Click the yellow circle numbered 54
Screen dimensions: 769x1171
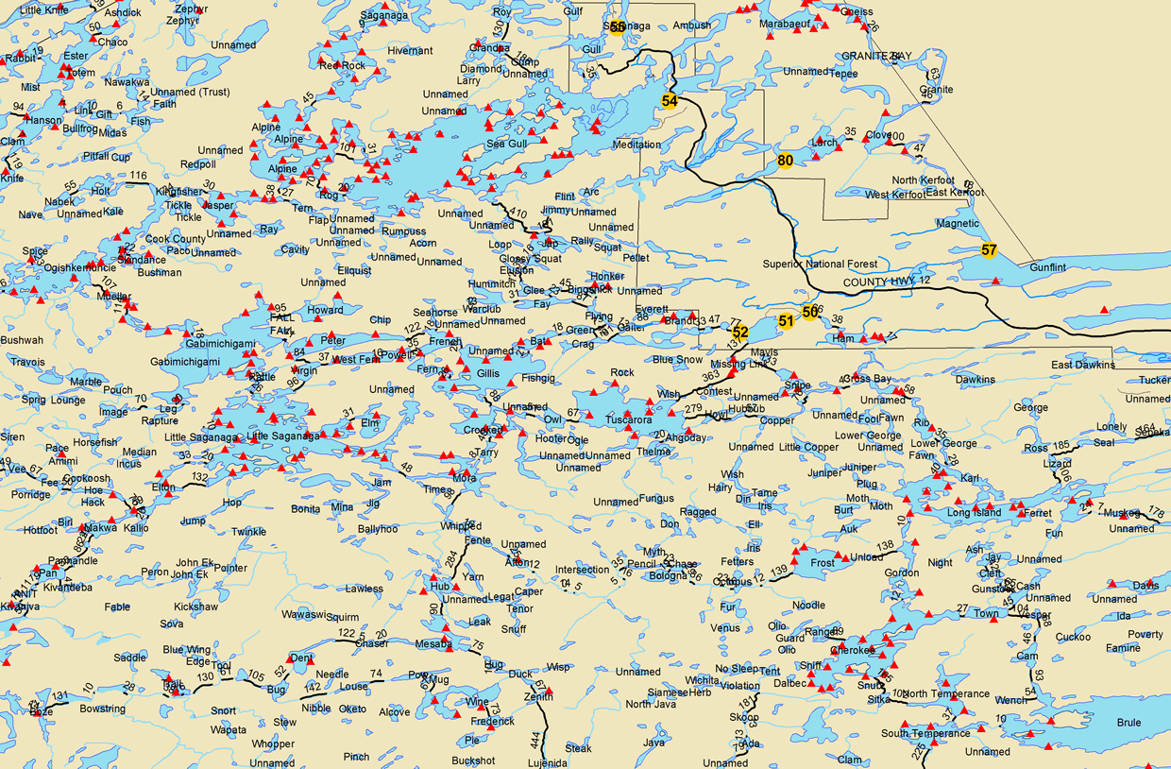coord(670,100)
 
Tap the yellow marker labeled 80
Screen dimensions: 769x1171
coord(785,161)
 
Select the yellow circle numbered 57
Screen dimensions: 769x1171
coord(989,250)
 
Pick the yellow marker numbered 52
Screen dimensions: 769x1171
coord(740,332)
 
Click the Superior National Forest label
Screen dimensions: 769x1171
coord(820,265)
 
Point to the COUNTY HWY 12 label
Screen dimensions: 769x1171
coord(887,282)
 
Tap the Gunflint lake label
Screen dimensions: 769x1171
coord(1047,267)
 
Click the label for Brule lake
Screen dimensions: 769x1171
coord(1129,723)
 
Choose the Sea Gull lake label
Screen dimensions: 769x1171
coord(506,144)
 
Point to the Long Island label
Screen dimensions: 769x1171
coord(974,513)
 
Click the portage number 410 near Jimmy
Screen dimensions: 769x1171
coord(518,213)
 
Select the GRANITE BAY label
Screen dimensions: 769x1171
coord(877,56)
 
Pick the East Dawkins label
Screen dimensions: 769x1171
coord(1083,365)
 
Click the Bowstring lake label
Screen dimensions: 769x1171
coord(102,709)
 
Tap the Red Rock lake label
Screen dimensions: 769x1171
coord(342,65)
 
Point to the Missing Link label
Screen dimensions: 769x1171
coord(739,365)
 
